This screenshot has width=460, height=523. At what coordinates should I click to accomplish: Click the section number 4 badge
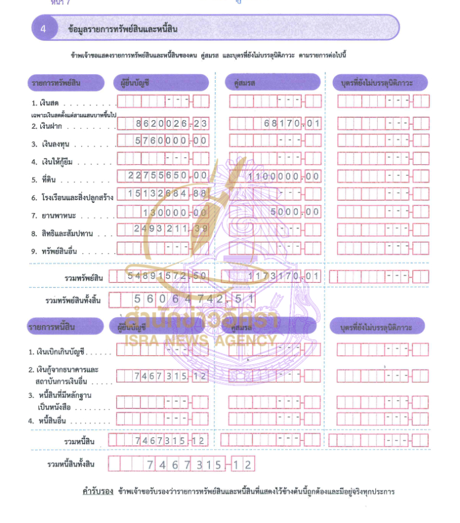pos(43,28)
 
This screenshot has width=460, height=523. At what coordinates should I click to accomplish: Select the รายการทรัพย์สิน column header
pos(55,83)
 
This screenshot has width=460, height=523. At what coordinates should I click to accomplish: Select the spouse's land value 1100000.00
pos(283,176)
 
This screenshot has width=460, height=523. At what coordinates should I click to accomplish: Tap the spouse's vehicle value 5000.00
pos(295,212)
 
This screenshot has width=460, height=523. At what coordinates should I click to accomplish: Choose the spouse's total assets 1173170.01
pos(283,277)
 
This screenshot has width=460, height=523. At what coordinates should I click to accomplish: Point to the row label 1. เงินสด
pos(48,104)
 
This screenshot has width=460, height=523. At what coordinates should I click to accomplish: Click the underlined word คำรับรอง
pos(97,492)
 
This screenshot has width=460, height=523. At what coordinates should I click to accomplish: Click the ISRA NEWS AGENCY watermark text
pos(200,340)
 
